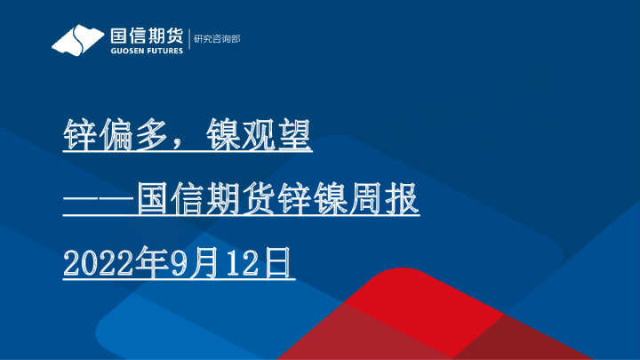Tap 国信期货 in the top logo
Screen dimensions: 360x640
(145, 36)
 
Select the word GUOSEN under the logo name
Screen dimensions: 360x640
(124, 51)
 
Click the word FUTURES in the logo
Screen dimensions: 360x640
(163, 51)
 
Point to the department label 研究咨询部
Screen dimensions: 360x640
(217, 39)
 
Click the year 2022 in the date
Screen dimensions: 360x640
(94, 264)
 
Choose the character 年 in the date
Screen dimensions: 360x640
(141, 264)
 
